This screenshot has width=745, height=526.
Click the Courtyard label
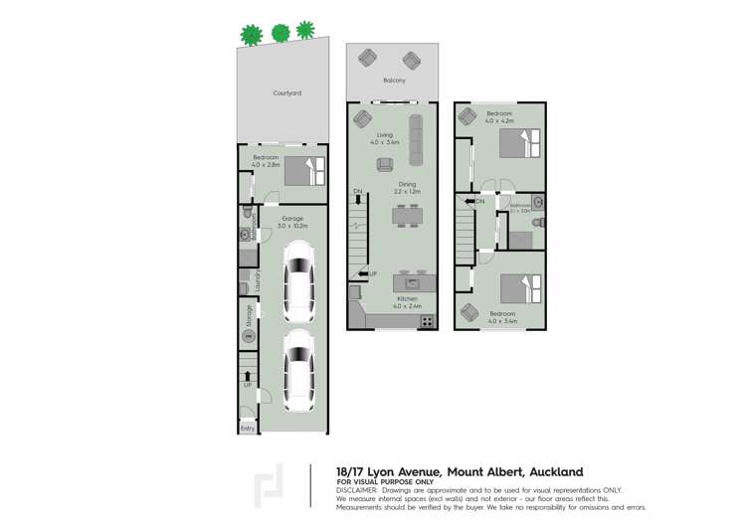click(x=286, y=93)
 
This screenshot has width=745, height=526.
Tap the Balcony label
click(x=394, y=81)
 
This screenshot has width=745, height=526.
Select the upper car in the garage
click(x=299, y=284)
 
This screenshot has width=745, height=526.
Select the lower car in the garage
click(x=299, y=370)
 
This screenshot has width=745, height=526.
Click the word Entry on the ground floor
click(x=247, y=429)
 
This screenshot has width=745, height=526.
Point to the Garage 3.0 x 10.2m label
click(x=292, y=222)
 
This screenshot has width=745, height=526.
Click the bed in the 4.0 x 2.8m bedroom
click(x=304, y=170)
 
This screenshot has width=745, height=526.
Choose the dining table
click(x=407, y=216)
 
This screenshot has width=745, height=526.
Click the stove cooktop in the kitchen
click(x=427, y=320)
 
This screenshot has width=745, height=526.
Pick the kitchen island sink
click(x=413, y=285)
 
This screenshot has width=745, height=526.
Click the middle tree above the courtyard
click(x=280, y=33)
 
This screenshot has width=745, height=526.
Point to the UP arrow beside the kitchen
click(x=364, y=273)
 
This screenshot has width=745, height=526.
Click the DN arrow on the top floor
click(x=475, y=202)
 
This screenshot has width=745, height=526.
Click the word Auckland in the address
click(x=552, y=471)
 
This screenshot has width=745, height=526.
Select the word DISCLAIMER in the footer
click(x=357, y=490)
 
